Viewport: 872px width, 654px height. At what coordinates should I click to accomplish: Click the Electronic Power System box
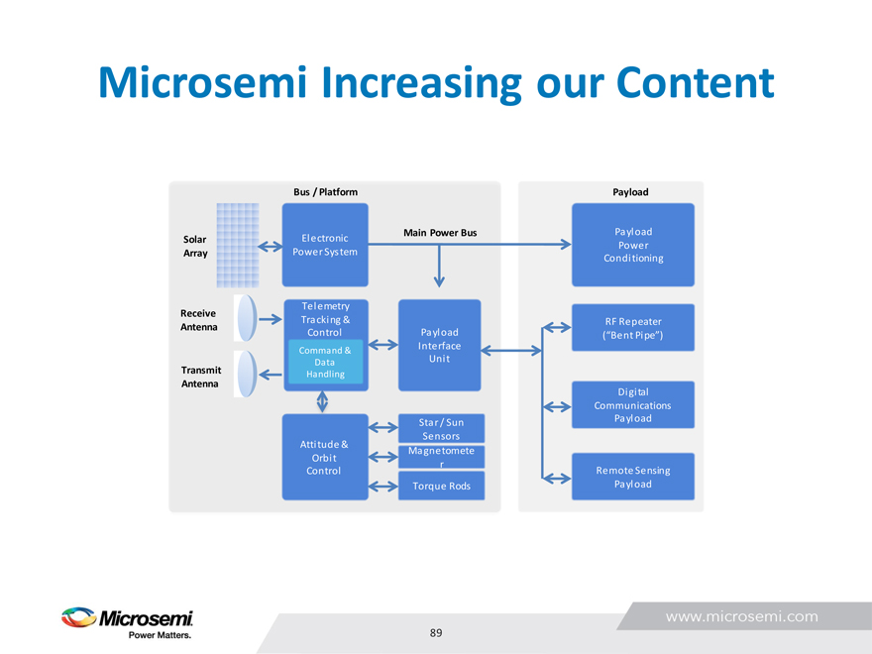click(x=325, y=245)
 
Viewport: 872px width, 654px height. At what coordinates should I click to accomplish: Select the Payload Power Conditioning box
click(x=632, y=245)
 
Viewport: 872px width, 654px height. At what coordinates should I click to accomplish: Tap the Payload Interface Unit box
click(x=439, y=344)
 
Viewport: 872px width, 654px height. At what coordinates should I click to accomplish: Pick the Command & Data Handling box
click(x=324, y=363)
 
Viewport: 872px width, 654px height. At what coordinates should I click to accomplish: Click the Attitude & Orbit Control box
click(x=324, y=458)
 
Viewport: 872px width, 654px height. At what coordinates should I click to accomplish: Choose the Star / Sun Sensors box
click(x=441, y=428)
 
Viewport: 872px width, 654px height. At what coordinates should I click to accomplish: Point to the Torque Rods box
click(x=441, y=486)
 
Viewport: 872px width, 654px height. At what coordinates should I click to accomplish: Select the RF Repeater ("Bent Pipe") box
click(x=632, y=328)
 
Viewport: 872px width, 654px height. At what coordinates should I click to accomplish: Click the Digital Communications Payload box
click(x=632, y=405)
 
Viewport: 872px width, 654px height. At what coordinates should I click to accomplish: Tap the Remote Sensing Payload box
click(x=632, y=477)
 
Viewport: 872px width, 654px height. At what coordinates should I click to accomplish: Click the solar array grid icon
click(x=237, y=244)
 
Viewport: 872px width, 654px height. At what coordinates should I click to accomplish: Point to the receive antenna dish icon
click(x=246, y=319)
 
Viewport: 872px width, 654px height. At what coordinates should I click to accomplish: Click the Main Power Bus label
click(x=440, y=233)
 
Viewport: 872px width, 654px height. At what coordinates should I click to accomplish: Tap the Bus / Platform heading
click(x=325, y=191)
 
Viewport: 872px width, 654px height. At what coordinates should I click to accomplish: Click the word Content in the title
click(x=696, y=82)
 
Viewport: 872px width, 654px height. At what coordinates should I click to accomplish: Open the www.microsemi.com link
click(x=741, y=616)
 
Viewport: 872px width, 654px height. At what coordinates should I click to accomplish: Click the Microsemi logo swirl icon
click(x=78, y=618)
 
